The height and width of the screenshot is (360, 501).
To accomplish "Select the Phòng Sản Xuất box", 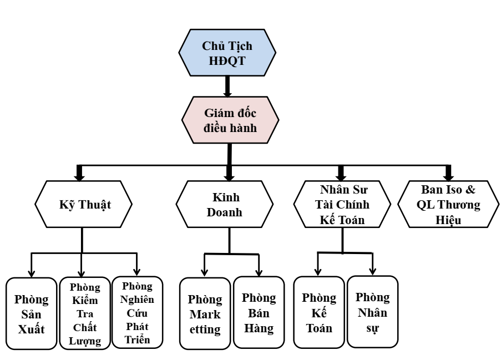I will [31, 313].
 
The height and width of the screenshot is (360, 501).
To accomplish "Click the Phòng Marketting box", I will [205, 314].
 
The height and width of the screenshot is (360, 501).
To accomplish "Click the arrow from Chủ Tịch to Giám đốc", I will [227, 86].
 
